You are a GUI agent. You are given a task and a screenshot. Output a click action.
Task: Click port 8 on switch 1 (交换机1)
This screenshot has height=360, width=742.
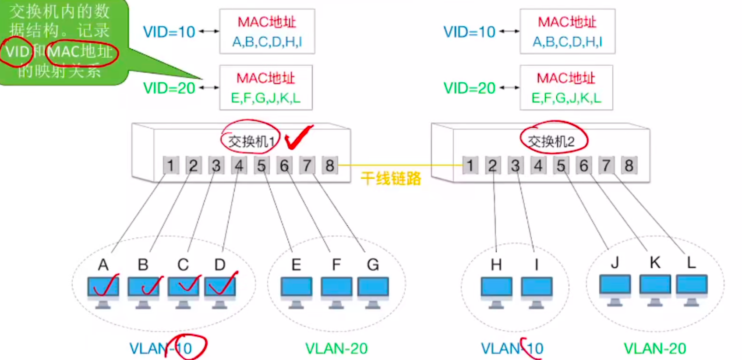coord(329,166)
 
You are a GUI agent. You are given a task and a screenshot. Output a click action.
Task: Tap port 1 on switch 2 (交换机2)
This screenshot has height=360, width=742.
coord(470,166)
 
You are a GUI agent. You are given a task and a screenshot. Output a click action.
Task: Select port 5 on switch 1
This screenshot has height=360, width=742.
coord(261,166)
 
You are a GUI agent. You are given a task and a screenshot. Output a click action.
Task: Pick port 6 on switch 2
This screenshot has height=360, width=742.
coord(583,166)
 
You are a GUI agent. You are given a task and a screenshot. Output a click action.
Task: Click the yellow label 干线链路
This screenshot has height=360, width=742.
coord(391,178)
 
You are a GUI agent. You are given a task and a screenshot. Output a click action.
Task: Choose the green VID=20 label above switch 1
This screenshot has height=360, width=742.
coord(169,88)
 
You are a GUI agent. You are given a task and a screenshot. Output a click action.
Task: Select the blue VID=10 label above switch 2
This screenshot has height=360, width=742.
coord(469,32)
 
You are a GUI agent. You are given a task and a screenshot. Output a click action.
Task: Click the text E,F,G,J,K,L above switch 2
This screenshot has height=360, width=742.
coord(566,98)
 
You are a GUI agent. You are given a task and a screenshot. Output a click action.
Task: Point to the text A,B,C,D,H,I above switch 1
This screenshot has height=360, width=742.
coord(267,42)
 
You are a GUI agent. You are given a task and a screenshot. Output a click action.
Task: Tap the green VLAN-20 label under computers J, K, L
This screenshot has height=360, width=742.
coord(655,349)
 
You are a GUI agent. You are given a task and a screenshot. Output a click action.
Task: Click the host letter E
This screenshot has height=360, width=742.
coord(296,265)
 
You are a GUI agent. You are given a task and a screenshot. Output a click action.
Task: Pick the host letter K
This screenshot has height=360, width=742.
coord(655,262)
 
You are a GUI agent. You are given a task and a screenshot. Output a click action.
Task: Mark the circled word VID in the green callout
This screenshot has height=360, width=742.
coord(17,52)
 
